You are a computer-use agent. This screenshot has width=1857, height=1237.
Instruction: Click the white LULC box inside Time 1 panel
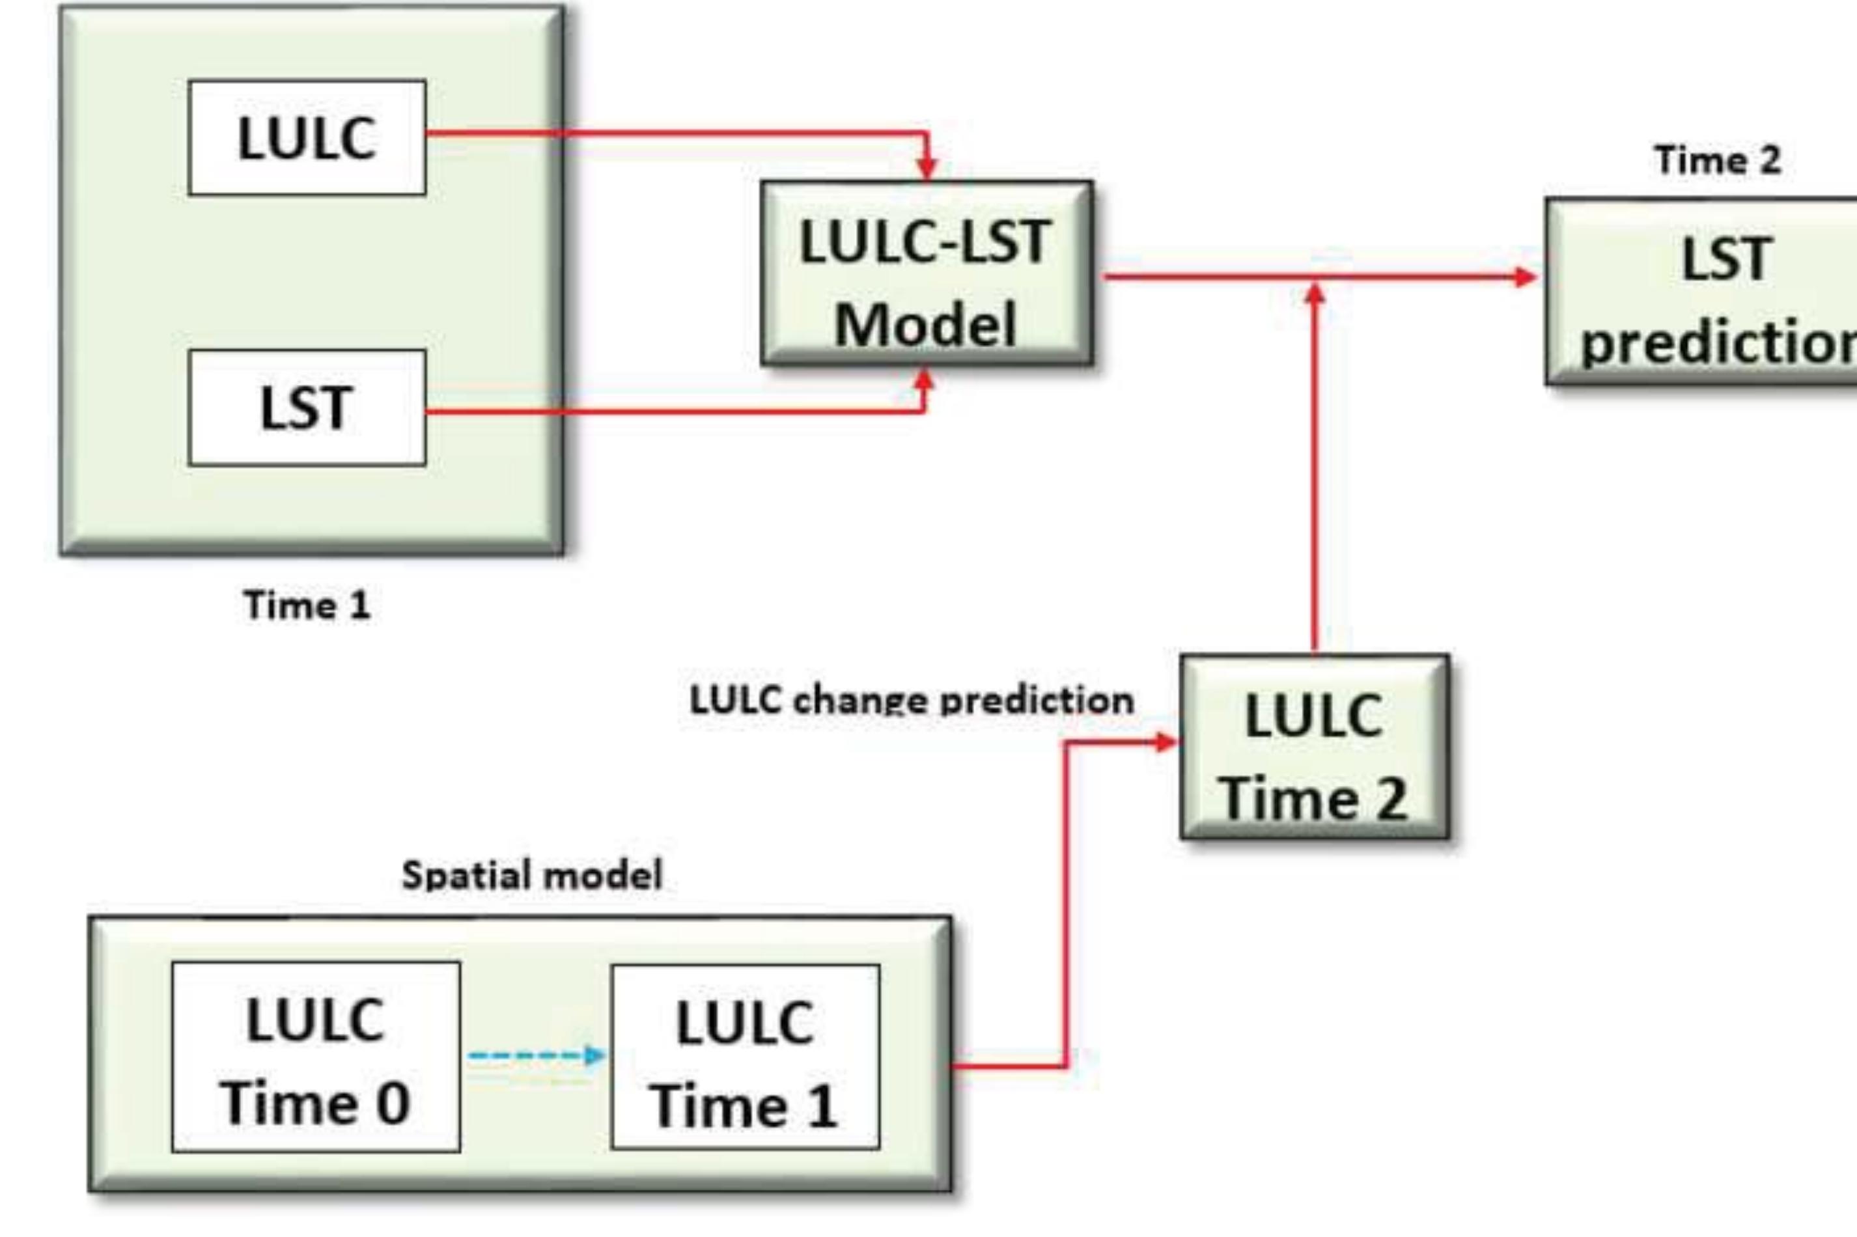point(307,137)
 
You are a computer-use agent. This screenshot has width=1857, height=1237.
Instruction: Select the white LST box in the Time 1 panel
point(307,408)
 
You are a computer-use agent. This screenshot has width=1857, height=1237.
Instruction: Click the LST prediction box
point(1704,292)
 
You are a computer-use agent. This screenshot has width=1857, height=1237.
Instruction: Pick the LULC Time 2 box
point(1314,746)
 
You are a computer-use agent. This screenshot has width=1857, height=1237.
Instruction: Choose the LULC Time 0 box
point(316,1057)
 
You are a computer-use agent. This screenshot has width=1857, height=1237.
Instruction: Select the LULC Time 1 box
point(745,1057)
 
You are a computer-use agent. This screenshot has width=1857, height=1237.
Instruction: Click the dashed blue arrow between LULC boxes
point(537,1055)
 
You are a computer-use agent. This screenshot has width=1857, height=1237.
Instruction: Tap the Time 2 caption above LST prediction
point(1718,160)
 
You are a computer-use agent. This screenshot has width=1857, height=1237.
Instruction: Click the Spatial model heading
point(532,874)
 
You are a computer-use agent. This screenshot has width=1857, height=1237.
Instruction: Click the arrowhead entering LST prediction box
point(1526,277)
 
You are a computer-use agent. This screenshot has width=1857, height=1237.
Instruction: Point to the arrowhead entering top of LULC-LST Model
point(927,167)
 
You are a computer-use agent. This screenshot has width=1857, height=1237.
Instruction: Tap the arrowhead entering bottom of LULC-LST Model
point(925,380)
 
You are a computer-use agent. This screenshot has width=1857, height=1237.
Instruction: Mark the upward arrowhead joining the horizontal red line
point(1314,293)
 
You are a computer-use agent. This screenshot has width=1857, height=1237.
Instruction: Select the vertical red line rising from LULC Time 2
point(1314,473)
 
